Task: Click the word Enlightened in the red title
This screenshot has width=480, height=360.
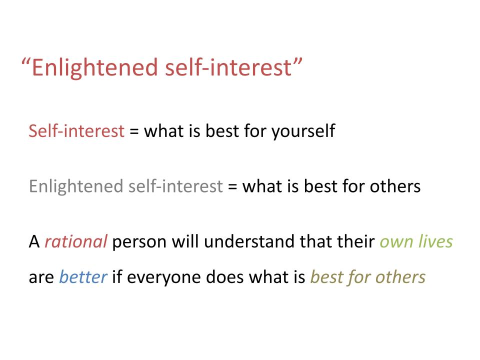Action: [95, 68]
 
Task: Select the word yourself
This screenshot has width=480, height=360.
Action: [303, 131]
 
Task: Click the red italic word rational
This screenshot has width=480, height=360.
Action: [76, 241]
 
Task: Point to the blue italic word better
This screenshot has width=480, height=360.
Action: [83, 277]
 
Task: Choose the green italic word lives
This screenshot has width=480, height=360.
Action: [435, 241]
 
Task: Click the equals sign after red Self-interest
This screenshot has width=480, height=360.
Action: [134, 131]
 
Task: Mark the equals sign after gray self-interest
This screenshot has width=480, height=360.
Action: [232, 186]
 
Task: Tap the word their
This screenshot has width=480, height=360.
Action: [355, 241]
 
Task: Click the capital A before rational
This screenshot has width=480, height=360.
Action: [34, 242]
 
